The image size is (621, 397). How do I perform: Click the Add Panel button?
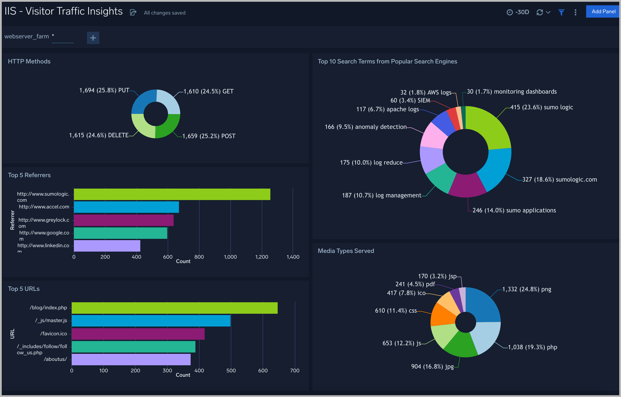[603, 12]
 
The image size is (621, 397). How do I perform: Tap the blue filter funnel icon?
[561, 12]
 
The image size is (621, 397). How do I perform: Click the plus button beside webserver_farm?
[93, 38]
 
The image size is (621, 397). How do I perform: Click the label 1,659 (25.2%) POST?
[209, 136]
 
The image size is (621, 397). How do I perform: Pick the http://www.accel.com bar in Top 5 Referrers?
[126, 207]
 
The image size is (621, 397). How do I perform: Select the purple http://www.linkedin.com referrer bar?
[107, 246]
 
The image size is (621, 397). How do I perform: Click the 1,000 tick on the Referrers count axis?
[230, 257]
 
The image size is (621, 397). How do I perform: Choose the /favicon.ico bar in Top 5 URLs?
[138, 334]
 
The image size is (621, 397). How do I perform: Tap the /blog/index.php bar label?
[48, 308]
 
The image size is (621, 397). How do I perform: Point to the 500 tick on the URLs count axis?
[231, 370]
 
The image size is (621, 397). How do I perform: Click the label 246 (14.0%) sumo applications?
[514, 210]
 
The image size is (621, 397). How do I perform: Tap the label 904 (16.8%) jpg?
[432, 366]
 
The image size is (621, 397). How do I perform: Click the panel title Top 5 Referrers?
[29, 175]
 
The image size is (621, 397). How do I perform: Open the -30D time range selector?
[518, 12]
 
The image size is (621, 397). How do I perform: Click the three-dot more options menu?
[575, 12]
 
